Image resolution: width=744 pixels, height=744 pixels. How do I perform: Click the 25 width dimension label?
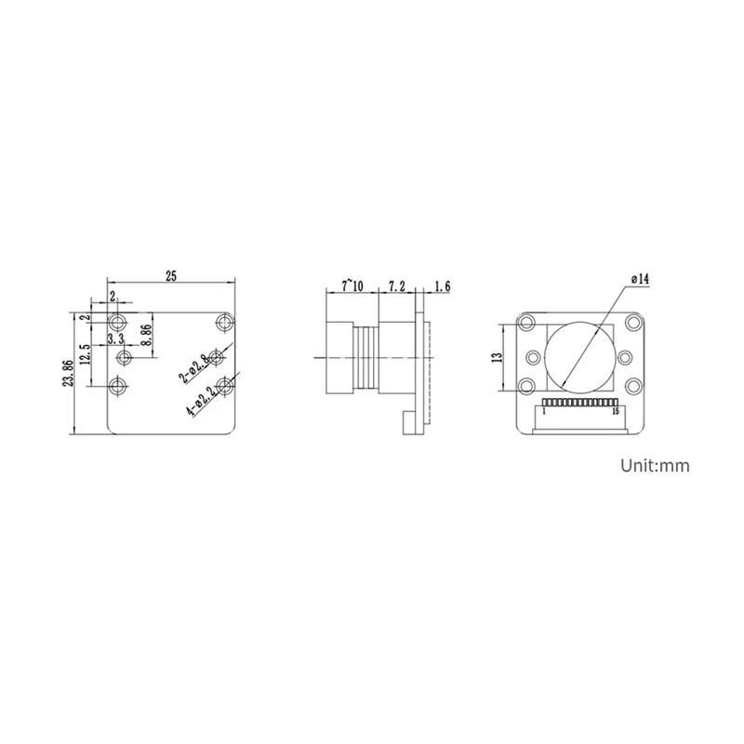point(170,274)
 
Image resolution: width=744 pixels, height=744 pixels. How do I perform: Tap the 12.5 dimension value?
point(86,355)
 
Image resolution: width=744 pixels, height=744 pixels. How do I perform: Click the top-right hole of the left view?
point(222,323)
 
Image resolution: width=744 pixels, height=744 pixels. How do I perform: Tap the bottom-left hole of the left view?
point(118,386)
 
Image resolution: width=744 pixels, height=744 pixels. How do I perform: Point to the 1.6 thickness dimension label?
point(442,287)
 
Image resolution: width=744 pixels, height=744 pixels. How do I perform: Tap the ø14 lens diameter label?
point(640,278)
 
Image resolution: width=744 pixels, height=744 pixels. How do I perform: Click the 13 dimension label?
point(497,356)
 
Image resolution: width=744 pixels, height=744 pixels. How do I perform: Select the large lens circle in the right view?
point(580,354)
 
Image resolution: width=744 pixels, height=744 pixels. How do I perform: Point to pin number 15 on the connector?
point(617,411)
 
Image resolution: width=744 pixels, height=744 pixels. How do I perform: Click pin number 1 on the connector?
point(543,411)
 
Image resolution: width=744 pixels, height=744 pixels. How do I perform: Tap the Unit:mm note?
point(656,466)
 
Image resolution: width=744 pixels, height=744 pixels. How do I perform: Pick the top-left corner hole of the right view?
point(528,323)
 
